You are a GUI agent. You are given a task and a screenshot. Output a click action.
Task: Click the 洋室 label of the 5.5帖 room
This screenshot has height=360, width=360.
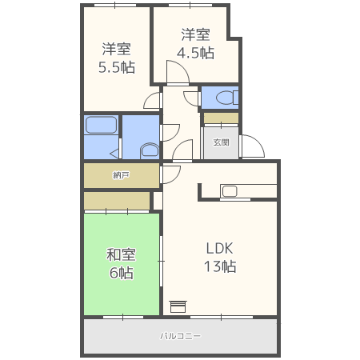tap(116, 48)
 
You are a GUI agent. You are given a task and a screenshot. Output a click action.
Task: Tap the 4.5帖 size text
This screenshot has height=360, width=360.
tap(195, 53)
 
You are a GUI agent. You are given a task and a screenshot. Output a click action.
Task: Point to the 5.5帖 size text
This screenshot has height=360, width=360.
tap(116, 67)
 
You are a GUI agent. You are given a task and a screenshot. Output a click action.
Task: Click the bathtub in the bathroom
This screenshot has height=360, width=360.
tap(102, 125)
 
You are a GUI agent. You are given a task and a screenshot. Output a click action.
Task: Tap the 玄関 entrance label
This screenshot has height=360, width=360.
tap(221, 142)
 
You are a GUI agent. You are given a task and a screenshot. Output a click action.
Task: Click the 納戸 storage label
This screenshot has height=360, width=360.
tap(121, 174)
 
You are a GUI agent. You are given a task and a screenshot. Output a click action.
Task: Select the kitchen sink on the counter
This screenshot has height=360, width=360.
tap(229, 190)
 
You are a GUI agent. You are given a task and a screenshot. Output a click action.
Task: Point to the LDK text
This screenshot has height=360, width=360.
tap(218, 247)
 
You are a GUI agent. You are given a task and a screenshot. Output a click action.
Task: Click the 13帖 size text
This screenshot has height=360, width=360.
tap(218, 266)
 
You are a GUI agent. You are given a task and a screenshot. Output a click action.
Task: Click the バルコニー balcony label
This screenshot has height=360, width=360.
tap(180, 336)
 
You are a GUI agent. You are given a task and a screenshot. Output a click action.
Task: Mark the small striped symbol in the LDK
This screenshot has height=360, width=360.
tap(178, 306)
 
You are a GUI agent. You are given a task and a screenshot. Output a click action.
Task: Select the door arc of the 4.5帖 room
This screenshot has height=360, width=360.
tap(177, 74)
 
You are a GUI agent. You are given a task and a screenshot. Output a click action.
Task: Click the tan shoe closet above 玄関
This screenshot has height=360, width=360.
tap(220, 118)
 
